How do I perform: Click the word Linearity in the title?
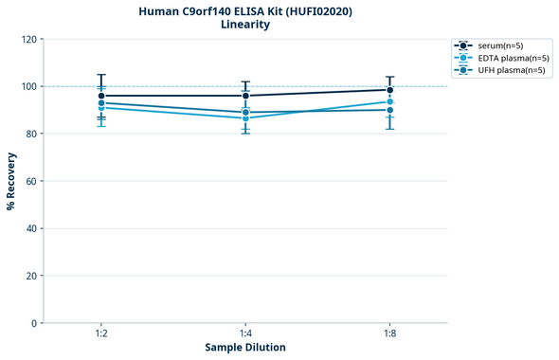click(x=244, y=25)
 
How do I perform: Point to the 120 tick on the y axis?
click(x=29, y=39)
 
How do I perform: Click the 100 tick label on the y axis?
click(x=29, y=86)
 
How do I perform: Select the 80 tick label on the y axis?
click(x=32, y=134)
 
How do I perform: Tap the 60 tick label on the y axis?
click(x=32, y=181)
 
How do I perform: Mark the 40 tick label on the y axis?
click(x=32, y=228)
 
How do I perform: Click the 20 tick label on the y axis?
click(x=32, y=276)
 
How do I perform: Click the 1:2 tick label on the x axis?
click(x=101, y=333)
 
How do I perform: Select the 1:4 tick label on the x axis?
click(x=245, y=333)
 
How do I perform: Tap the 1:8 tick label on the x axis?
click(x=389, y=333)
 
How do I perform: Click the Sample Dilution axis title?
click(x=245, y=348)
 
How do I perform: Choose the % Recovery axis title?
click(x=11, y=180)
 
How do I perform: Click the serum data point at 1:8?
click(x=389, y=90)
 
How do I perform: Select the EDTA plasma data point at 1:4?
click(x=245, y=118)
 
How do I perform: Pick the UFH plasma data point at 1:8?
click(x=389, y=110)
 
